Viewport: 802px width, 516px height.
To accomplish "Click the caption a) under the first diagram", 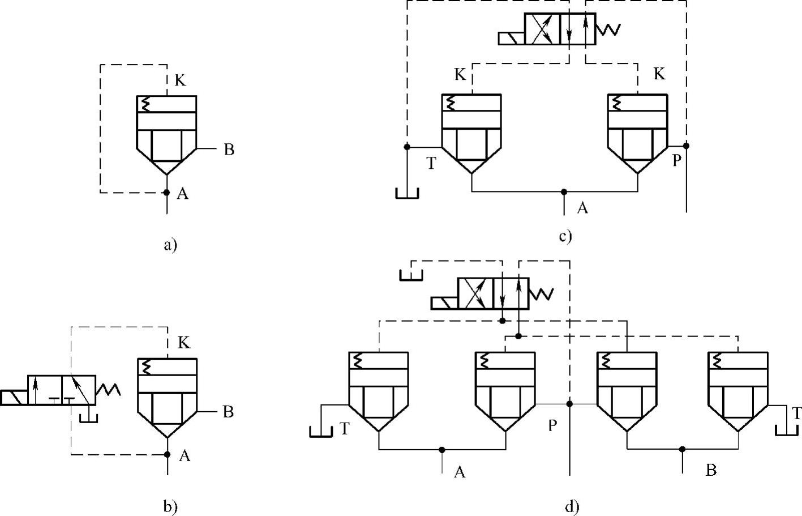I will point(170,245).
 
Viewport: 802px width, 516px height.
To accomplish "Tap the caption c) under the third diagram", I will point(565,236).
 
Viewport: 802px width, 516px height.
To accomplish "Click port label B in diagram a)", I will point(229,150).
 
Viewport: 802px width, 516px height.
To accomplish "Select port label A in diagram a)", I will point(182,194).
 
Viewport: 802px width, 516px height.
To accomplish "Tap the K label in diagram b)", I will point(184,343).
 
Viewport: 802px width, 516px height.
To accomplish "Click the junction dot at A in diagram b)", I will point(167,454).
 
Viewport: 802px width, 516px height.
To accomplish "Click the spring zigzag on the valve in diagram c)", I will point(608,29).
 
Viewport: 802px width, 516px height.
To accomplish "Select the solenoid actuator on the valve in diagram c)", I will point(511,38).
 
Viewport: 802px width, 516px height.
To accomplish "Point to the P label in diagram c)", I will point(676,161).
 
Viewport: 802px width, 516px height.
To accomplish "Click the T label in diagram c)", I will point(431,164).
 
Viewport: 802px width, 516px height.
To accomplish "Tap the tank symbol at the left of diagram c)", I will point(407,193).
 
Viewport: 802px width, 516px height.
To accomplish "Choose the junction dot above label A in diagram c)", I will point(564,192).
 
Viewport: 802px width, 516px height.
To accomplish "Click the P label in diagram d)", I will point(552,425).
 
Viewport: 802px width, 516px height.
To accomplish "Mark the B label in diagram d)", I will point(711,470).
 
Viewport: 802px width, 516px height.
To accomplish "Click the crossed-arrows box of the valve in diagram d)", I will point(475,293).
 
